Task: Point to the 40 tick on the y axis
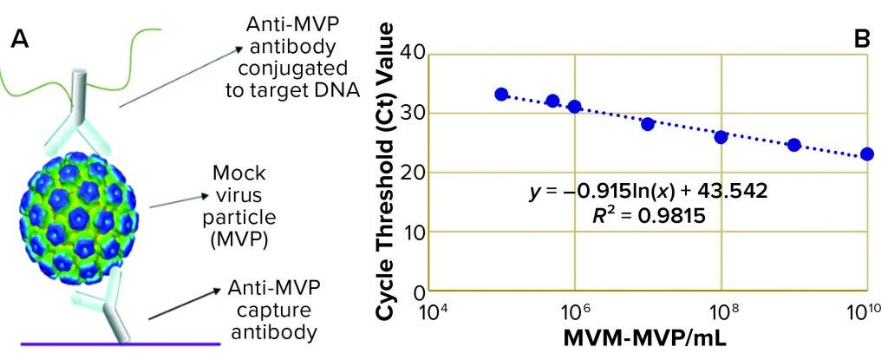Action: (x=411, y=54)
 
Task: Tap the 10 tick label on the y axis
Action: (x=411, y=232)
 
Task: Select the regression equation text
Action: (x=648, y=190)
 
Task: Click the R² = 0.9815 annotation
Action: (x=648, y=214)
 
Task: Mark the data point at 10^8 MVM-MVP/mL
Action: (x=721, y=137)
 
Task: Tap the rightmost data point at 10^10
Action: (x=867, y=154)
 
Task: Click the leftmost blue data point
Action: (x=501, y=94)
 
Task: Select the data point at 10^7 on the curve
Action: (x=648, y=124)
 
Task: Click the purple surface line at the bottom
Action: (x=121, y=345)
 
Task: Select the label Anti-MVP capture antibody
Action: (x=268, y=309)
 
